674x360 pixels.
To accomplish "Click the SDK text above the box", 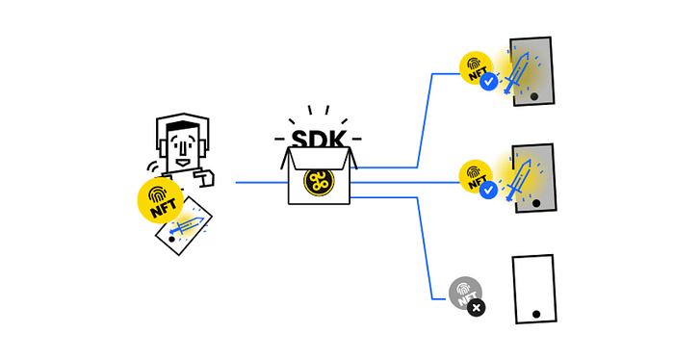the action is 319,140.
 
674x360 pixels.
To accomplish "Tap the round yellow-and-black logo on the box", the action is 319,181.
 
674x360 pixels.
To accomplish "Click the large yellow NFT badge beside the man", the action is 161,200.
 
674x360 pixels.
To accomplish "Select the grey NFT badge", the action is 465,293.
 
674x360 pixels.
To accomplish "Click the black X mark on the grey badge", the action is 477,308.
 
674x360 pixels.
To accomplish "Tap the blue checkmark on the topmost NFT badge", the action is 489,82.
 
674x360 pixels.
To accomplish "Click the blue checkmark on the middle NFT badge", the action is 489,190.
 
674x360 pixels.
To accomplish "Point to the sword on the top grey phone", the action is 516,72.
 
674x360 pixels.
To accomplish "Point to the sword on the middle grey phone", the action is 518,180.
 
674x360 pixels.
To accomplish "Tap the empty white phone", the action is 534,289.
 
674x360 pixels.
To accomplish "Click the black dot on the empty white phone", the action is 536,314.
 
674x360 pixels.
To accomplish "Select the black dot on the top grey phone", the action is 533,96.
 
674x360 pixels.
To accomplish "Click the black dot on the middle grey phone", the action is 536,203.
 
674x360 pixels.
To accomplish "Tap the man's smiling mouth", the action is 183,163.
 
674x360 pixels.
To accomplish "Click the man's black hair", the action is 183,127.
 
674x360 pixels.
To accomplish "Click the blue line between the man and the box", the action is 262,183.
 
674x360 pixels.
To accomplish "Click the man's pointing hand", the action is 204,177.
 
